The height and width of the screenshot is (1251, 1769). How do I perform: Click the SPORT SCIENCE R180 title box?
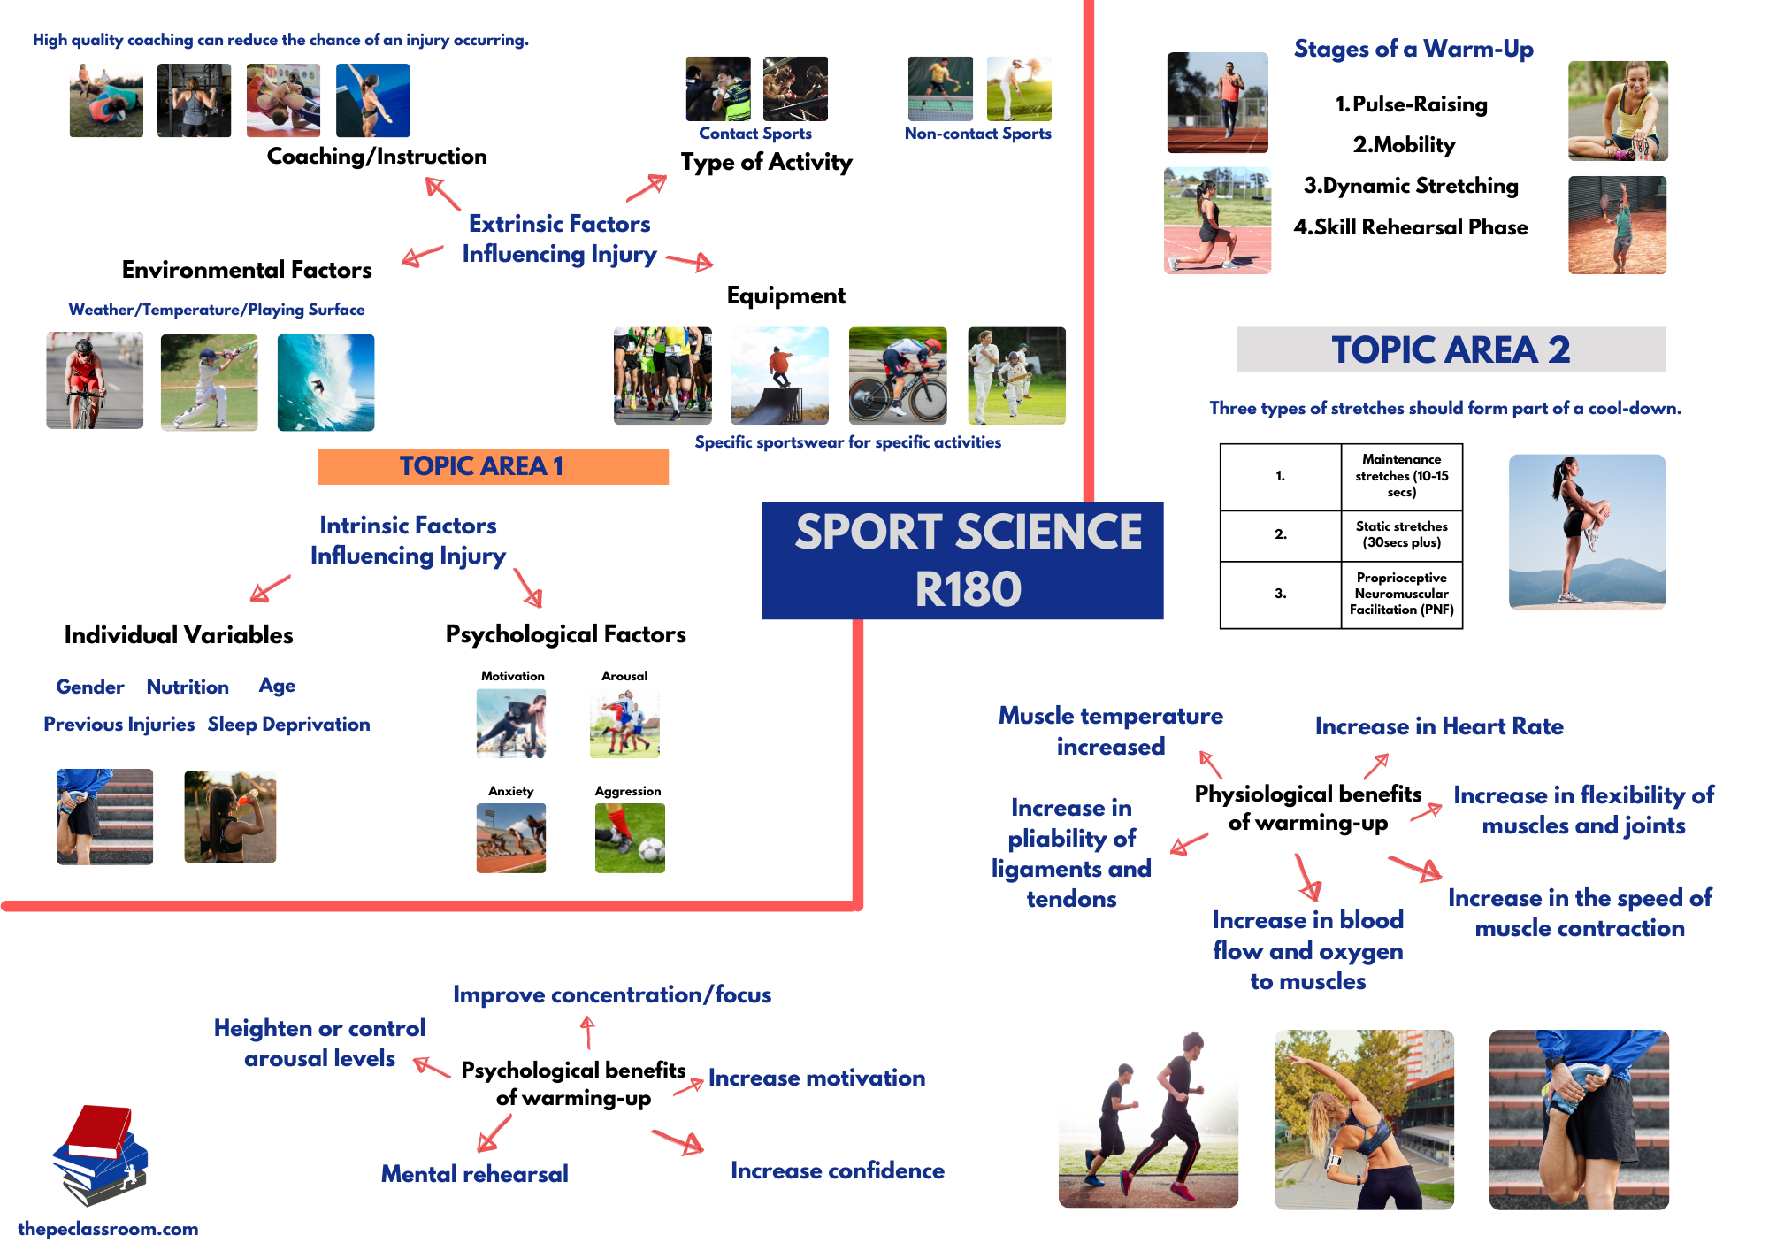[x=962, y=560]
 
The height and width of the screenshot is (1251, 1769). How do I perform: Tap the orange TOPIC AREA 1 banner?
[x=493, y=466]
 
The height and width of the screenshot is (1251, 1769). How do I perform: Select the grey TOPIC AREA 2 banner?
[x=1451, y=349]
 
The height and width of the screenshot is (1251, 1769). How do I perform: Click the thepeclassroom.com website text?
[x=108, y=1229]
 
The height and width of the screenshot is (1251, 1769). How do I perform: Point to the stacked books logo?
[x=101, y=1155]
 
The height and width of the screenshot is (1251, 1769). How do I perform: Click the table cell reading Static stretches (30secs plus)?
[x=1401, y=534]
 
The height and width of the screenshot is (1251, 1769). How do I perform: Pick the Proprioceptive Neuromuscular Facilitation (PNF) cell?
[x=1401, y=594]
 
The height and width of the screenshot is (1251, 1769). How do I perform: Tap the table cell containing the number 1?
[x=1280, y=476]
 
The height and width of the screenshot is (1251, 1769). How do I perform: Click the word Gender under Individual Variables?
[x=89, y=687]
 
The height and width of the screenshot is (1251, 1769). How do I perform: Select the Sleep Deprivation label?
[x=288, y=724]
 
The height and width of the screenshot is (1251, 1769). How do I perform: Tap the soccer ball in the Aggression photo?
[x=651, y=850]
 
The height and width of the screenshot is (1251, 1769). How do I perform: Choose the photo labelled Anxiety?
[x=510, y=838]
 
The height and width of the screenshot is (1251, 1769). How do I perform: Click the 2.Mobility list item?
[x=1404, y=145]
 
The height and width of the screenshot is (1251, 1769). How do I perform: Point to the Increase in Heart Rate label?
[x=1439, y=726]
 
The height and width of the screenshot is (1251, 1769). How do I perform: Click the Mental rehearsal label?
[x=474, y=1174]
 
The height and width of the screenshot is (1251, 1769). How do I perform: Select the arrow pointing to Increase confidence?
[x=679, y=1142]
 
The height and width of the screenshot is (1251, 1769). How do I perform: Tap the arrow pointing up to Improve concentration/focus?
[x=587, y=1032]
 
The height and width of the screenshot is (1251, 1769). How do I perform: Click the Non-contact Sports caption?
[x=977, y=134]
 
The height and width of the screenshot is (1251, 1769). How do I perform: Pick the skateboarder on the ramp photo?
[x=779, y=375]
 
